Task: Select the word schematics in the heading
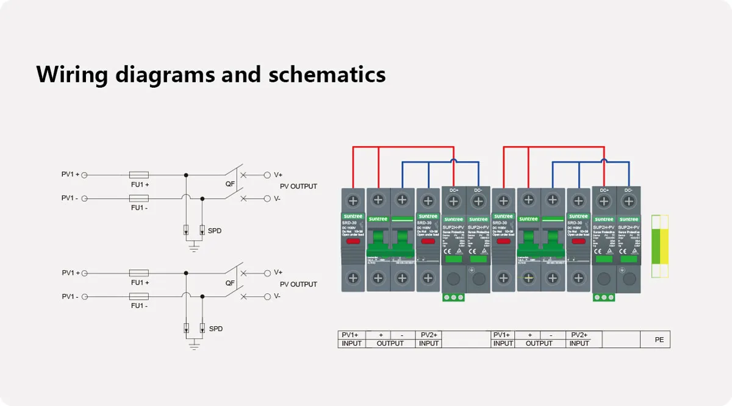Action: pos(327,74)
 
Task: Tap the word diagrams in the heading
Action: pos(167,74)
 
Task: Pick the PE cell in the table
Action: pos(659,340)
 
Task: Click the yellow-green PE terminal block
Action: pos(660,246)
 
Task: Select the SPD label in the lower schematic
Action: pos(215,329)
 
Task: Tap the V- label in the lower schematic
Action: pos(277,296)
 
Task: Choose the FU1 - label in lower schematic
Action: pos(139,306)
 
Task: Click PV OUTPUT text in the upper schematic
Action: pos(298,187)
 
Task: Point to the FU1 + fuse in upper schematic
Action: pos(139,175)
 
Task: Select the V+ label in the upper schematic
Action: pos(278,174)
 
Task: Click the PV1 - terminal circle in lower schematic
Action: pos(85,296)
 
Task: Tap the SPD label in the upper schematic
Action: pos(214,231)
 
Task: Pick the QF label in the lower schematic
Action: pos(230,283)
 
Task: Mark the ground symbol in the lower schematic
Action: pos(194,345)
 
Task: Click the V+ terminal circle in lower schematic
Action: pos(267,272)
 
